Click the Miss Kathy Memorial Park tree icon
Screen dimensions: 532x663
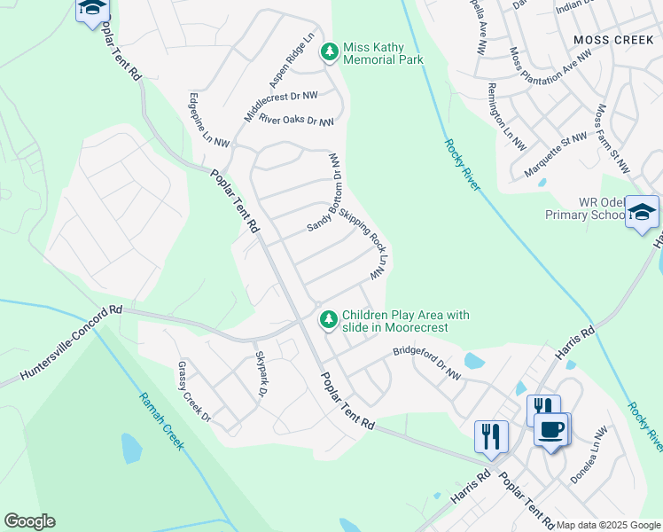330,52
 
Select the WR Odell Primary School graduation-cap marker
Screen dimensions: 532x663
642,212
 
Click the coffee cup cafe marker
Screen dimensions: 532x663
552,430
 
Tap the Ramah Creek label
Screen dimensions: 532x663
160,421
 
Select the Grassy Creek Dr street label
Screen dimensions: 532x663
194,391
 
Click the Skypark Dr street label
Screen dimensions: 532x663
261,373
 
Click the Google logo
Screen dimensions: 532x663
29,521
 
